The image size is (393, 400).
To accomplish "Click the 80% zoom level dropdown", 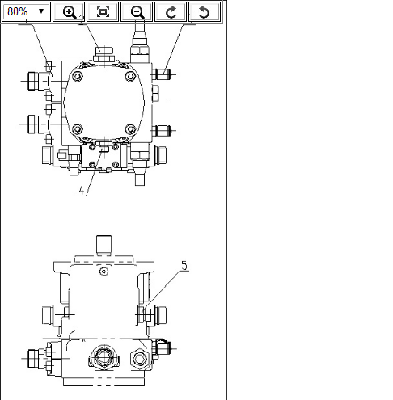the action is [26, 11].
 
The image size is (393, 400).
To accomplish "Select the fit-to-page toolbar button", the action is [103, 11].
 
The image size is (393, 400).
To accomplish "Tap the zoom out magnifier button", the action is [137, 11].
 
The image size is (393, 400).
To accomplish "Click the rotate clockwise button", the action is [171, 11].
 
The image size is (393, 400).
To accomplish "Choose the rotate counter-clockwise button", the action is [205, 11].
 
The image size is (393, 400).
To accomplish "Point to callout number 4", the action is [82, 191].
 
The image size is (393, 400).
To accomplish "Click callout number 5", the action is [184, 266].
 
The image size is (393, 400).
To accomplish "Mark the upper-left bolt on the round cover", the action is [78, 76].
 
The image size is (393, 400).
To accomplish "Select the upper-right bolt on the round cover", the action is [131, 76].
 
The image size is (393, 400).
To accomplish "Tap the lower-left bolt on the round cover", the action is [78, 129].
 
